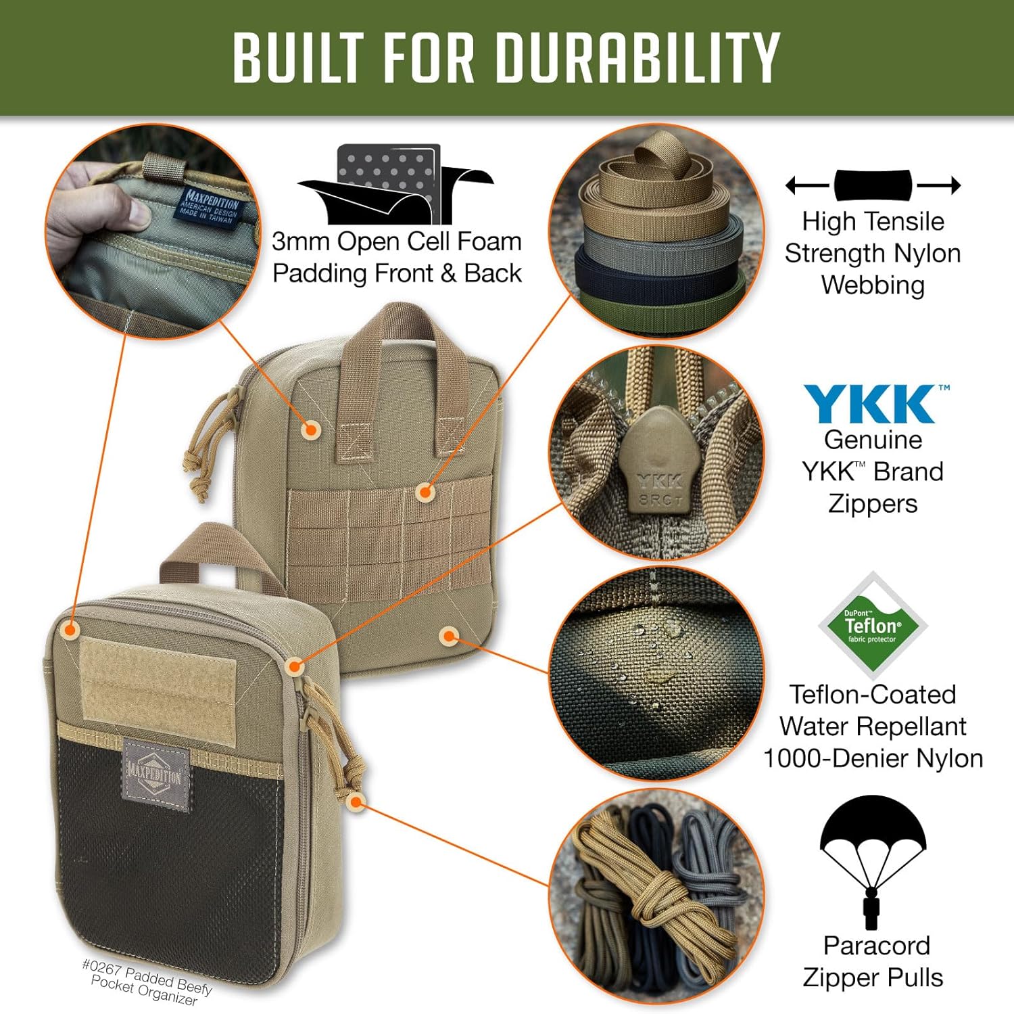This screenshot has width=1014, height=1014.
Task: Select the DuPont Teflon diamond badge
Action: pyautogui.click(x=873, y=626)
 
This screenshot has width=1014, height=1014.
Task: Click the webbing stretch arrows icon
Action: pyautogui.click(x=873, y=185)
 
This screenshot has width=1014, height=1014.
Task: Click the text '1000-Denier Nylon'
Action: pyautogui.click(x=873, y=758)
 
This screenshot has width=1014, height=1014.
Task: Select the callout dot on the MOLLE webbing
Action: pyautogui.click(x=425, y=492)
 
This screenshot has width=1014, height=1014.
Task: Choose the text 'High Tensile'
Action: pyautogui.click(x=873, y=221)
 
